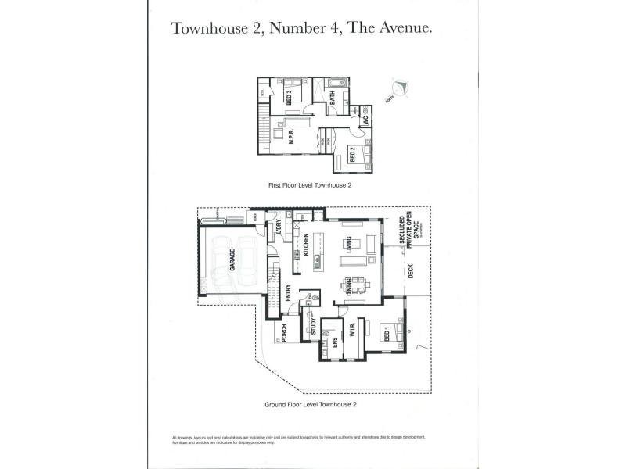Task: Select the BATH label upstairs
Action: click(x=333, y=98)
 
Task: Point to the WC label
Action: click(x=365, y=122)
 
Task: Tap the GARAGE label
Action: click(x=232, y=260)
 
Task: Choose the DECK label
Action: click(x=410, y=270)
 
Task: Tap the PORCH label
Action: click(x=283, y=333)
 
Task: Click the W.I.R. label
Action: click(x=353, y=330)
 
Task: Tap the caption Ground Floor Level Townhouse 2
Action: click(x=311, y=405)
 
